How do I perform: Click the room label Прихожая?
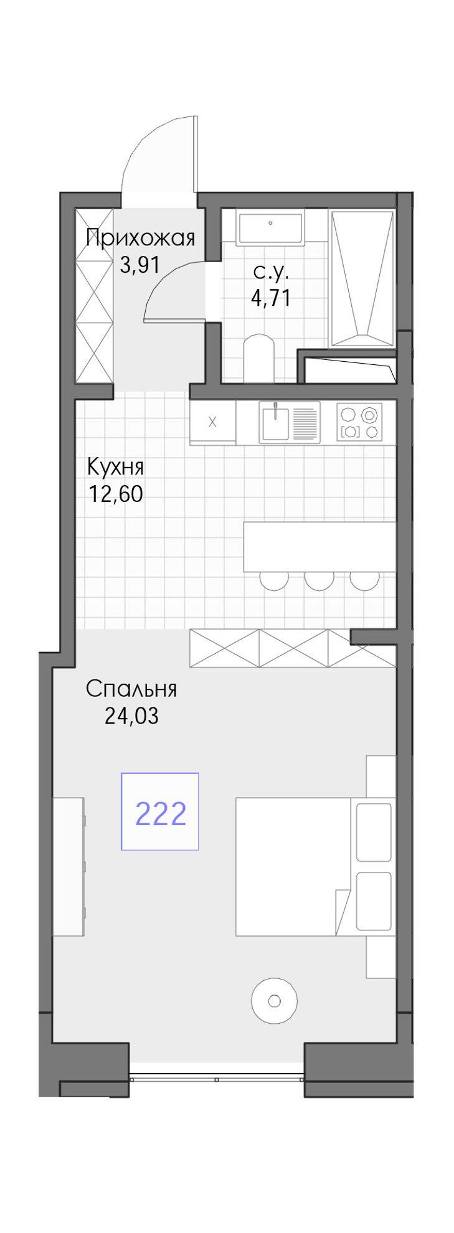click(x=140, y=238)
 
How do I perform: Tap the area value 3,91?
click(x=140, y=265)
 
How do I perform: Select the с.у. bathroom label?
click(x=271, y=272)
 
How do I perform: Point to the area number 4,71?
click(x=271, y=298)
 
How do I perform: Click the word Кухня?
click(x=116, y=466)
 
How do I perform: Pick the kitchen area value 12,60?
click(x=116, y=494)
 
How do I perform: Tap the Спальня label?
click(x=131, y=689)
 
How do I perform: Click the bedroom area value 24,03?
click(x=131, y=716)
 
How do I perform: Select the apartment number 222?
click(x=161, y=813)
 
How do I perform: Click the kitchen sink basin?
click(x=275, y=422)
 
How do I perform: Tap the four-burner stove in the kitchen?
click(x=359, y=422)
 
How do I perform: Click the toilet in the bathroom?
click(x=259, y=359)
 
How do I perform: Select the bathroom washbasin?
click(x=270, y=227)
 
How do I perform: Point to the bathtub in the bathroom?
click(x=362, y=278)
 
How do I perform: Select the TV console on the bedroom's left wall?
click(x=68, y=866)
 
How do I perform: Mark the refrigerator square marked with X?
click(x=213, y=422)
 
